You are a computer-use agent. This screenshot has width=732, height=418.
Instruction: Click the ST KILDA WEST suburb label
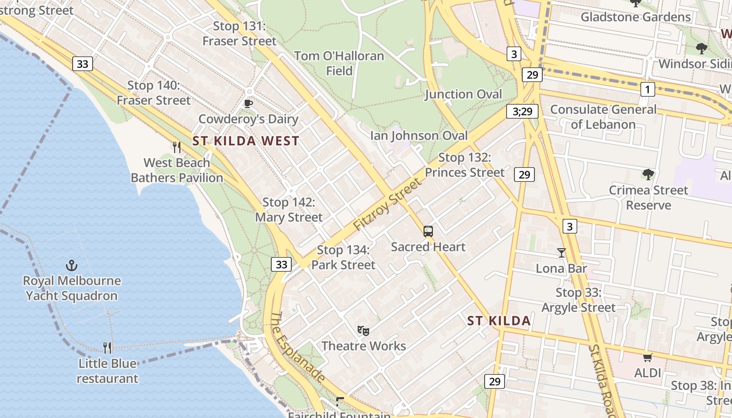(246, 141)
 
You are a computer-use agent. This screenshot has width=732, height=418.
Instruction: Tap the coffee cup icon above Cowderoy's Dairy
(248, 103)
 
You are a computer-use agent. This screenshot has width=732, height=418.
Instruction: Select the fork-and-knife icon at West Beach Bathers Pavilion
(177, 147)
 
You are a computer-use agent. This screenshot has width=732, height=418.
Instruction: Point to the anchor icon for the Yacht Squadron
(72, 265)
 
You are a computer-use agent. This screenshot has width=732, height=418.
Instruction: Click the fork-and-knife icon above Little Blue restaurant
(107, 348)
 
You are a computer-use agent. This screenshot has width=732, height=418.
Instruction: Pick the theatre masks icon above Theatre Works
(363, 330)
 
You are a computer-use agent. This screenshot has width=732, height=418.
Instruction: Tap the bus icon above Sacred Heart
(428, 231)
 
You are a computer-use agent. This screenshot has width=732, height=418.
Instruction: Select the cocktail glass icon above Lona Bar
(562, 253)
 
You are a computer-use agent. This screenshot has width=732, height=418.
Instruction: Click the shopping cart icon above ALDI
(648, 357)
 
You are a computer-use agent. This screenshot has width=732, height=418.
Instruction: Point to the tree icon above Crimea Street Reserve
(648, 174)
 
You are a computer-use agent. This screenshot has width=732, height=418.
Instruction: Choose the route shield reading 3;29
(522, 111)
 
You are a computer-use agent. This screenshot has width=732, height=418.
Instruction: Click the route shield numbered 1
(648, 89)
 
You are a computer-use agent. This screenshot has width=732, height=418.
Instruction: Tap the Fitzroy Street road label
(387, 204)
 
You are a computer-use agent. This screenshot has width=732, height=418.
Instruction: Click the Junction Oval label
(463, 94)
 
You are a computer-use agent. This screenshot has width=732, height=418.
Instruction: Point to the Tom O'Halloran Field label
(339, 63)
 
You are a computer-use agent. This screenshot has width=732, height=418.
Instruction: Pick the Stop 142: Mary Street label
(289, 210)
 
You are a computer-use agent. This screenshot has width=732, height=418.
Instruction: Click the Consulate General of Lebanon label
(603, 117)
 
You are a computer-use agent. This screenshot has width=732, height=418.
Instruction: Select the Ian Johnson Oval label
(419, 136)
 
